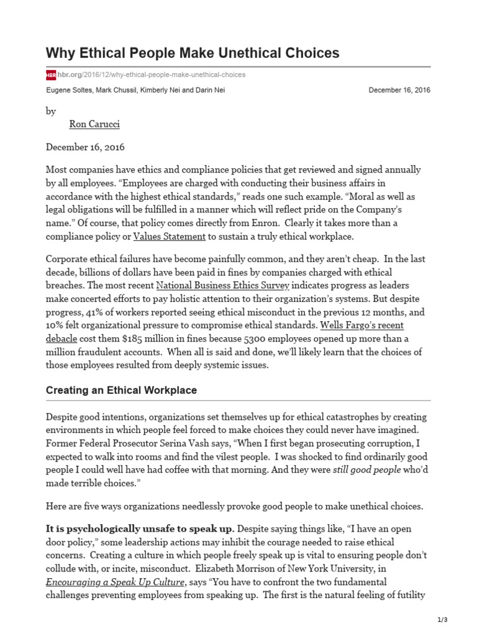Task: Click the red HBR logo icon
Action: point(51,75)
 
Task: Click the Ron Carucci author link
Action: point(94,124)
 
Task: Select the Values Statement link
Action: point(170,237)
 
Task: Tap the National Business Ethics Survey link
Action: point(222,286)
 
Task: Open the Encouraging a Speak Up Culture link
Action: point(115,582)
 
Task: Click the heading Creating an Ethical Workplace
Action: point(122,391)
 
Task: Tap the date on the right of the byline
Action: point(399,90)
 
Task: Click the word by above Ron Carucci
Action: point(51,111)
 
